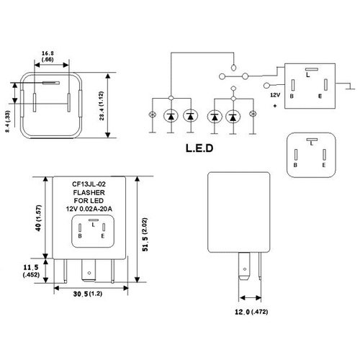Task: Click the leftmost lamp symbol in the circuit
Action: pyautogui.click(x=150, y=116)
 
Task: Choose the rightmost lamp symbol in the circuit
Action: pyautogui.click(x=252, y=116)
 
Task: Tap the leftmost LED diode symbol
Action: pyautogui.click(x=171, y=116)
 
